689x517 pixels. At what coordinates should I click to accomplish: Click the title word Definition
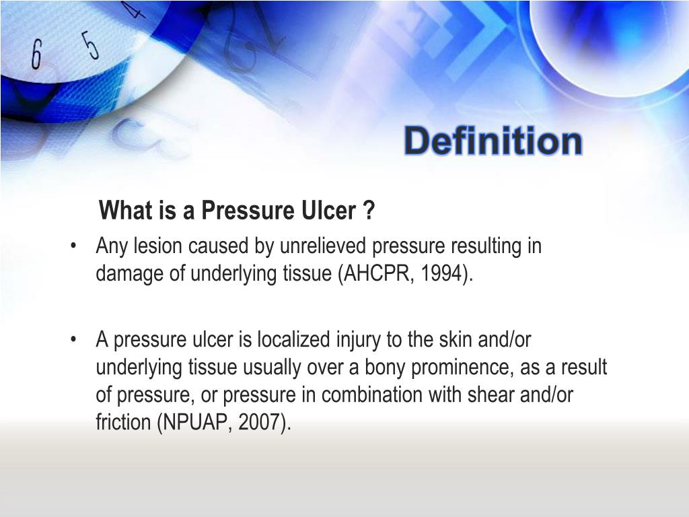[x=493, y=142]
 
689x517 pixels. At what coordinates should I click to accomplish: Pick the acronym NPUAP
[x=196, y=422]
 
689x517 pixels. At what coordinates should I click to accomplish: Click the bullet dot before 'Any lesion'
[x=73, y=246]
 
